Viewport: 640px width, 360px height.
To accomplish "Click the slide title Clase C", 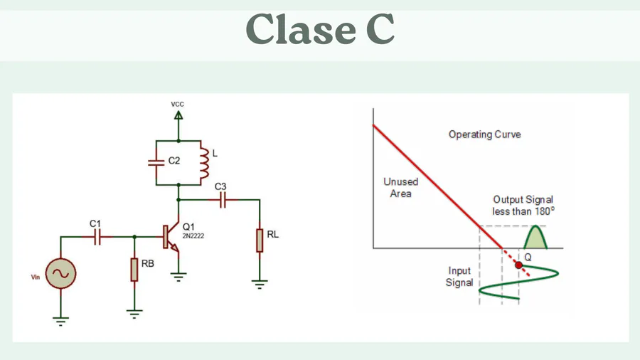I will click(320, 30).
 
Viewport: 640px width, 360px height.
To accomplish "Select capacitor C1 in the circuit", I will click(98, 236).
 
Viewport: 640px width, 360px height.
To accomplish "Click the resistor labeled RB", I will click(134, 270).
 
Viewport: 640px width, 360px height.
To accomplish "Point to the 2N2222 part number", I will click(193, 235).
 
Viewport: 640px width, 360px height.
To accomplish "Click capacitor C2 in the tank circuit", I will click(156, 162).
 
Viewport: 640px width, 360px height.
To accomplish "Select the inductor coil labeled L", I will click(203, 163).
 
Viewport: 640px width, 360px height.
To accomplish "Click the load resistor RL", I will click(260, 240).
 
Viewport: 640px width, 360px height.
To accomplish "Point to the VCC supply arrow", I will click(178, 114).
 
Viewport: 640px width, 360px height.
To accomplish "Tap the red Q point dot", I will click(518, 265).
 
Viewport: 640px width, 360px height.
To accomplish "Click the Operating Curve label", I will click(484, 134).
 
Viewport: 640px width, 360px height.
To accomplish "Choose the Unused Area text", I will click(401, 187).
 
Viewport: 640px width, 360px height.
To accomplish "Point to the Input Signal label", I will click(459, 277).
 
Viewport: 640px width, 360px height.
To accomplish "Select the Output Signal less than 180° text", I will click(523, 205).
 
